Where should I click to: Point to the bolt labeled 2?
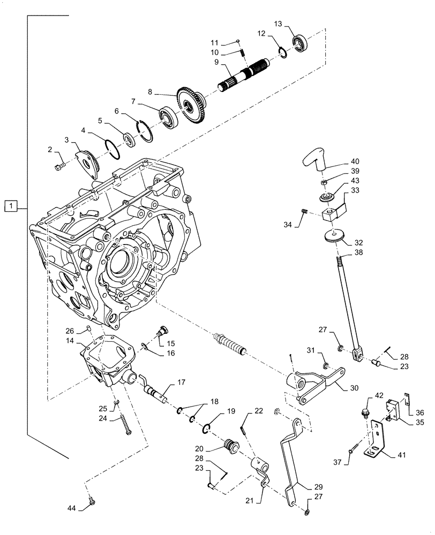59,167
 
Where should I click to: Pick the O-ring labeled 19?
209,427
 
